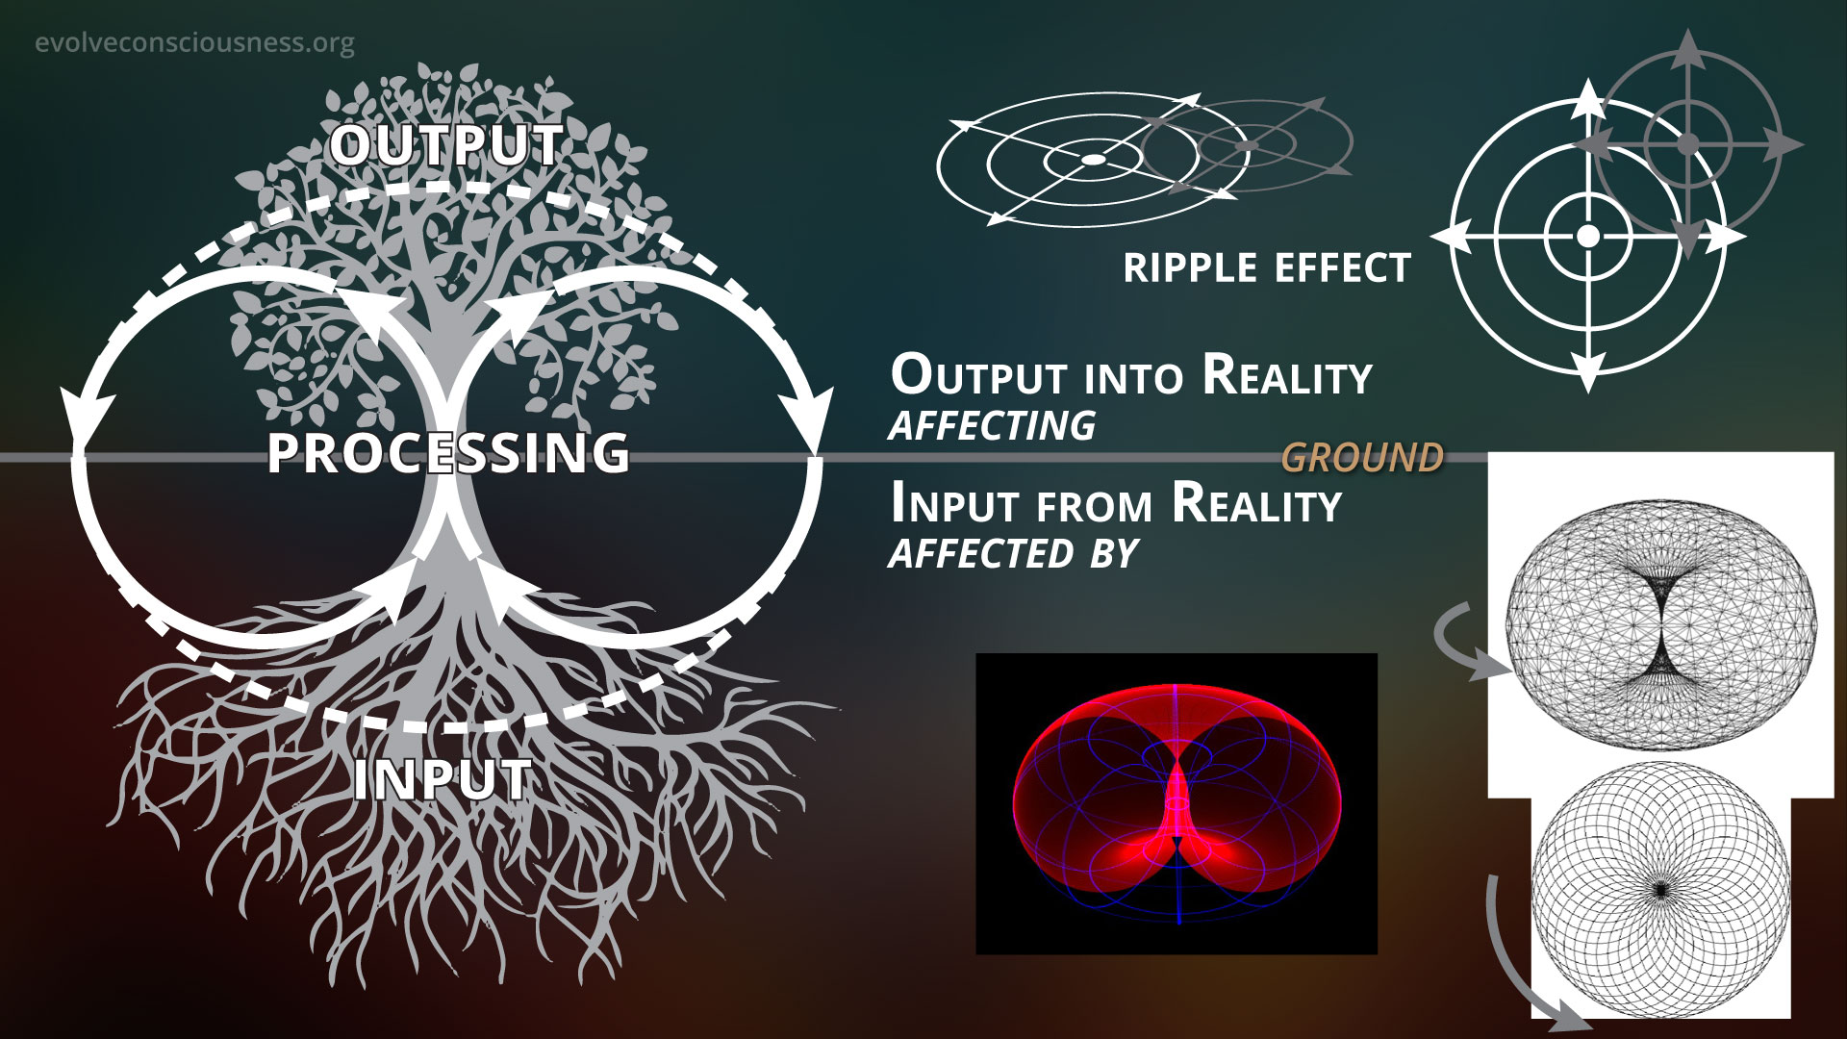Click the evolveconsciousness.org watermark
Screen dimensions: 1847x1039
[x=194, y=43]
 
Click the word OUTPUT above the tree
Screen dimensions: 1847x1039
[x=446, y=145]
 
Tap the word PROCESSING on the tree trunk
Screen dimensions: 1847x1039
[x=448, y=452]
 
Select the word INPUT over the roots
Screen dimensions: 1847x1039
[x=443, y=779]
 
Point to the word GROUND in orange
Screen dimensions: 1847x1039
[x=1363, y=458]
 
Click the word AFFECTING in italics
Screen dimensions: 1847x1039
[x=992, y=425]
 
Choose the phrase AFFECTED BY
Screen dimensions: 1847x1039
[x=1013, y=553]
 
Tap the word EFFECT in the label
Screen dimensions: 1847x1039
[x=1341, y=267]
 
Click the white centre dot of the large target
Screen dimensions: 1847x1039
[x=1588, y=235]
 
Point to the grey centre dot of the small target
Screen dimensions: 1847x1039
[x=1686, y=144]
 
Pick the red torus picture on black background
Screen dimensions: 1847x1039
[x=1177, y=804]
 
